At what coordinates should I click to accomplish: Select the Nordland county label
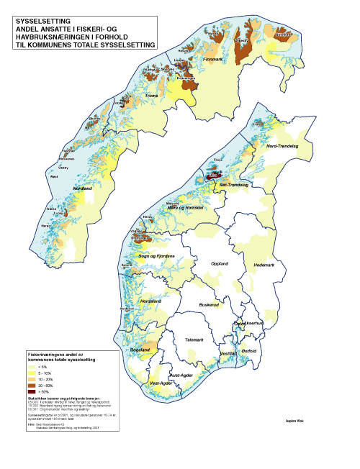(84, 189)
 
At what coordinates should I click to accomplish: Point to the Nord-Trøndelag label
(282, 146)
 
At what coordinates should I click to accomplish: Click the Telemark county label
(194, 339)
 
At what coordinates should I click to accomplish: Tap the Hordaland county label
(150, 301)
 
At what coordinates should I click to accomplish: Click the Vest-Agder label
(160, 383)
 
